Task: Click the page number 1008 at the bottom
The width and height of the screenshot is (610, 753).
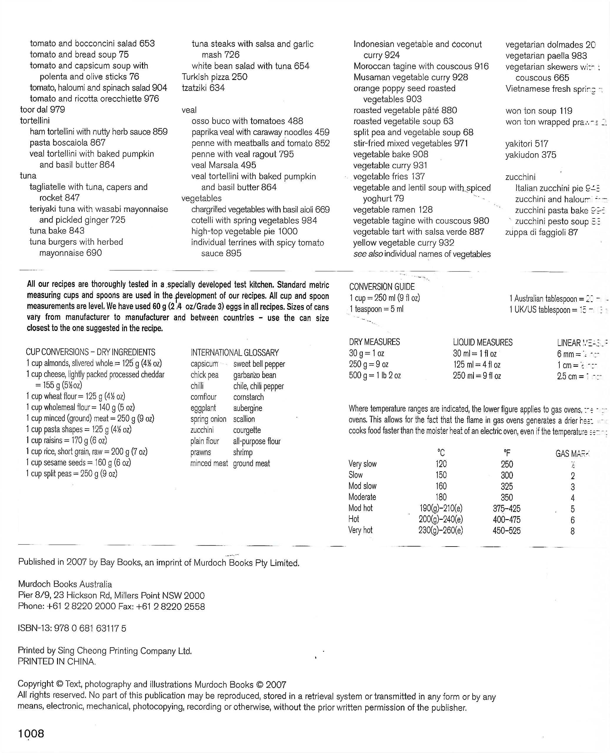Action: [31, 734]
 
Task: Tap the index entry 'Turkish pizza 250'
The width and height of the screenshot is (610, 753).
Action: [214, 77]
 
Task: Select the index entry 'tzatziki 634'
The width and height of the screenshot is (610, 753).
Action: [203, 88]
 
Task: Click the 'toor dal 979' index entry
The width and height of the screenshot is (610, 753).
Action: [43, 110]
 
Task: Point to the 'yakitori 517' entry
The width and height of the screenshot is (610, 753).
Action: [527, 144]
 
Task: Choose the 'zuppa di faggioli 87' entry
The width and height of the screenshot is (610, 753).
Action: [541, 232]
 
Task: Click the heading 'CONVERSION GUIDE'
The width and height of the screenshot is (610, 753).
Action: [382, 287]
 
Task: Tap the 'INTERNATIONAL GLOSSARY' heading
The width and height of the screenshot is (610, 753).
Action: [235, 352]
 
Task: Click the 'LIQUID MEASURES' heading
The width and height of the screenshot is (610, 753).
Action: [482, 342]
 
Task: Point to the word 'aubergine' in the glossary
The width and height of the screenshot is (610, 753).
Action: [248, 408]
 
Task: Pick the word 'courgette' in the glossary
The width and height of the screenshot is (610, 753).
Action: [247, 430]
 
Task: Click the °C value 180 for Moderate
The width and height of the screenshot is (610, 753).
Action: [441, 497]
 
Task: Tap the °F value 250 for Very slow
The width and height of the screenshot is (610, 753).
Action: [507, 464]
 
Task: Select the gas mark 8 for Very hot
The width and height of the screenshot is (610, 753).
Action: [572, 531]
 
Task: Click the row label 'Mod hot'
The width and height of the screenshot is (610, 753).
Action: [361, 508]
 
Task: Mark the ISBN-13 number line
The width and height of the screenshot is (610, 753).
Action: [72, 628]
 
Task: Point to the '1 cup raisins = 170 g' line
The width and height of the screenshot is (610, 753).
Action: [66, 440]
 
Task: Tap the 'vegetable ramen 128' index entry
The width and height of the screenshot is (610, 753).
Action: [393, 210]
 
